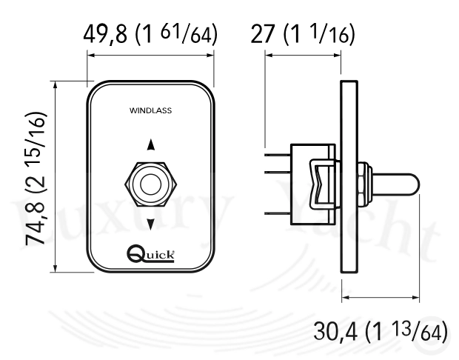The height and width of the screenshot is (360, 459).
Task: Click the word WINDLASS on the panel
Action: pyautogui.click(x=150, y=110)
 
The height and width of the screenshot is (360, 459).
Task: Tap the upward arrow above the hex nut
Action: pyautogui.click(x=151, y=144)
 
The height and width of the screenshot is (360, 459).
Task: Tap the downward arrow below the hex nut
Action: pyautogui.click(x=151, y=224)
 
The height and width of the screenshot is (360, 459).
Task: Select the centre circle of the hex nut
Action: pyautogui.click(x=151, y=184)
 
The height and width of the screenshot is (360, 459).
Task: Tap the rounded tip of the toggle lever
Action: pyautogui.click(x=415, y=184)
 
